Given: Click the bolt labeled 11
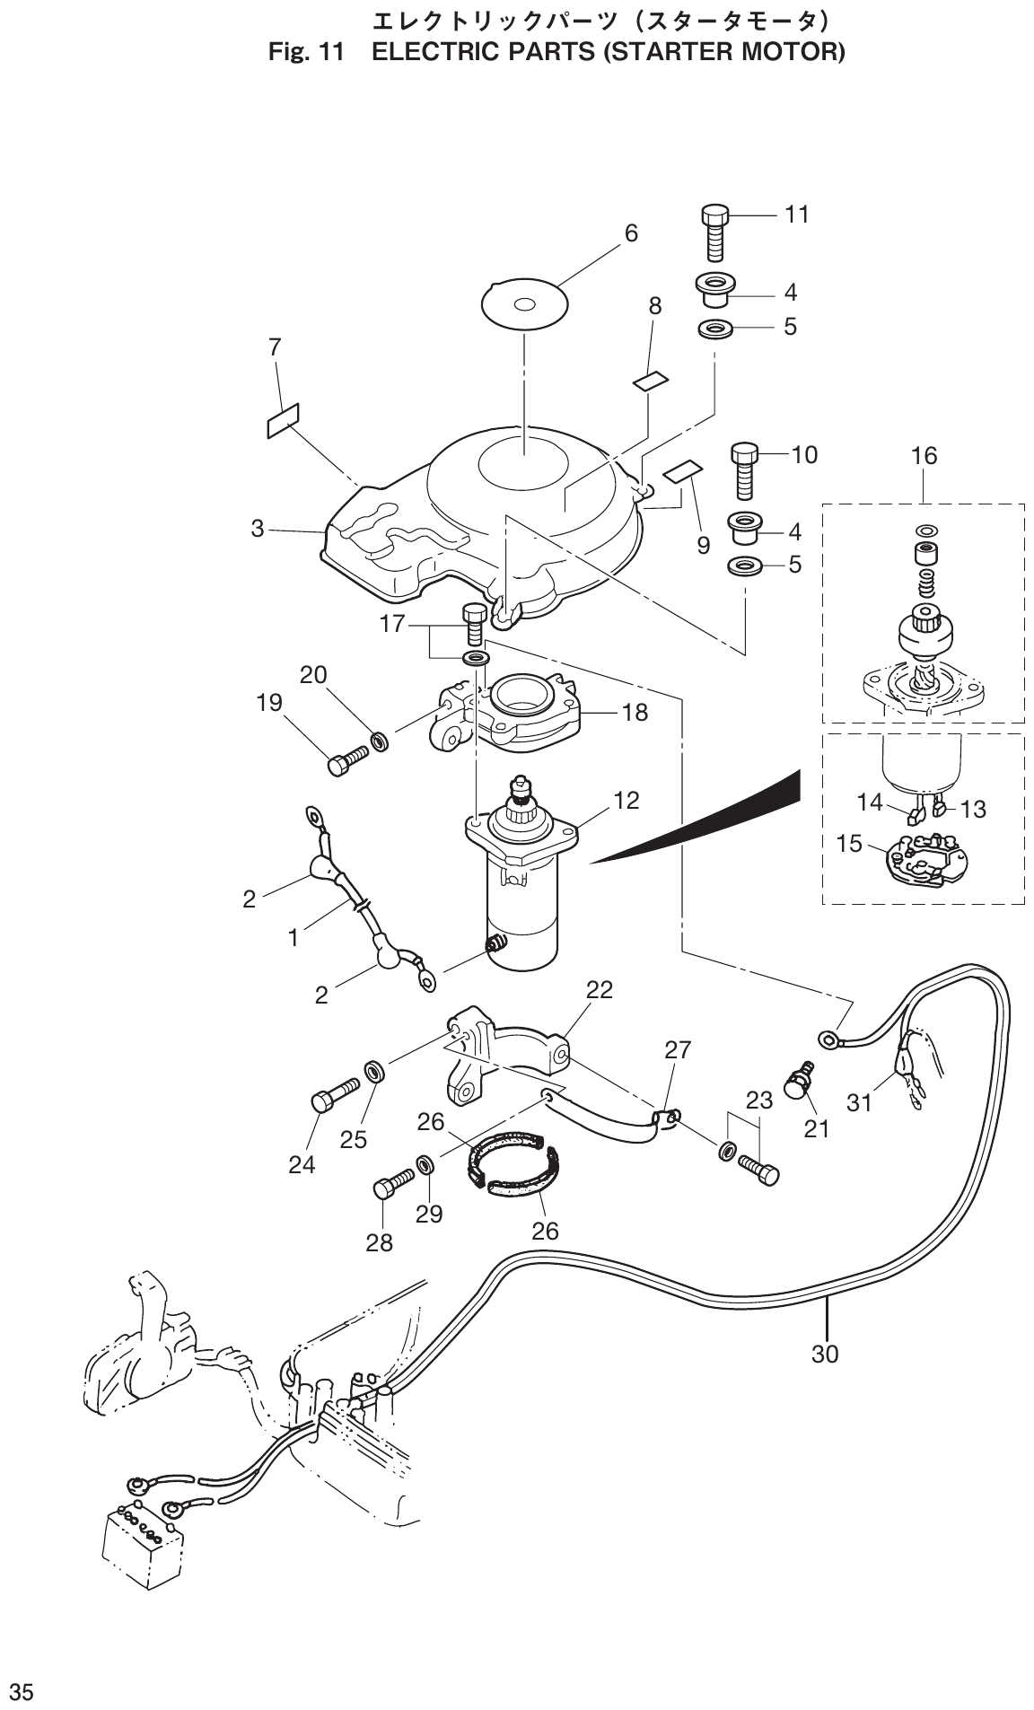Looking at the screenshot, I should (x=715, y=231).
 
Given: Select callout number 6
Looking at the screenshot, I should (x=631, y=233).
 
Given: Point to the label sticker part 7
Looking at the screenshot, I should (x=283, y=419).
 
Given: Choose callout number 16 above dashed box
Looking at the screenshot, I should (x=924, y=456).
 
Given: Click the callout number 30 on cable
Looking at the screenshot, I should (x=824, y=1353).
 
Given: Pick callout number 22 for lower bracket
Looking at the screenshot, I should (x=600, y=989).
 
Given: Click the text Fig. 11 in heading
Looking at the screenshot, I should (x=306, y=53).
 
